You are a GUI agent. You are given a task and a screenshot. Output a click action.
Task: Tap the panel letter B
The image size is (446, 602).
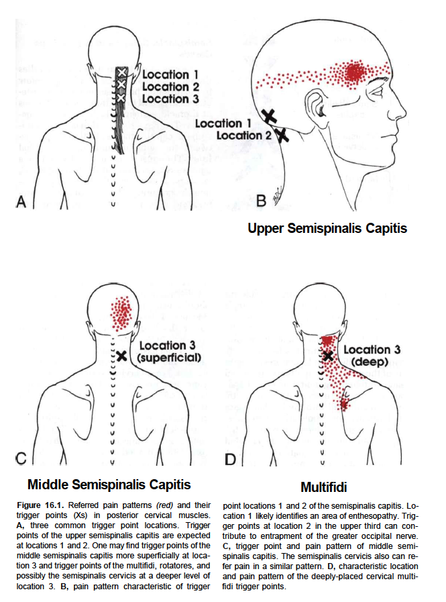point(262,200)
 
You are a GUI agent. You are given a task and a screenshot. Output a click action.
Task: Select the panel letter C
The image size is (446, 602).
point(21,459)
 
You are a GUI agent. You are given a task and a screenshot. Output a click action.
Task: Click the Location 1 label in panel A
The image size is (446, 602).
point(170,74)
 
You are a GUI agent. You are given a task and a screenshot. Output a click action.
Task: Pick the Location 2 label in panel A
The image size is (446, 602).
point(170,87)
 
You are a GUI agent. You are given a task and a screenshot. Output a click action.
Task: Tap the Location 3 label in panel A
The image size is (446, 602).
point(170,99)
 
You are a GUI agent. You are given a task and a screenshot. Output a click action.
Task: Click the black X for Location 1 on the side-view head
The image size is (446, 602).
point(269,116)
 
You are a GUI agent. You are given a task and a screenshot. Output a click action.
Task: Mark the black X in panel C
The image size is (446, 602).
point(121,356)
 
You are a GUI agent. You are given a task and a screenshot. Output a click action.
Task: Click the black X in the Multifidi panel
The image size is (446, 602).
point(327,356)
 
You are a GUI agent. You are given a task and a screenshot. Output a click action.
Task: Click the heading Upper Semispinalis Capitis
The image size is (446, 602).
point(327,228)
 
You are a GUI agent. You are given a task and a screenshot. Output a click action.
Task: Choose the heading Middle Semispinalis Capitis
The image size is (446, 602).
point(109,484)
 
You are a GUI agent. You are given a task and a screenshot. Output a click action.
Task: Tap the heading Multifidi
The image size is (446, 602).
point(324,487)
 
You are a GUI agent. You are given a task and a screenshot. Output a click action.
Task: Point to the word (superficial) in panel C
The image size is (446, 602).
point(169,357)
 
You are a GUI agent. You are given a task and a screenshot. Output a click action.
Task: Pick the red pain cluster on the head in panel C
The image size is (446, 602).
point(122,313)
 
